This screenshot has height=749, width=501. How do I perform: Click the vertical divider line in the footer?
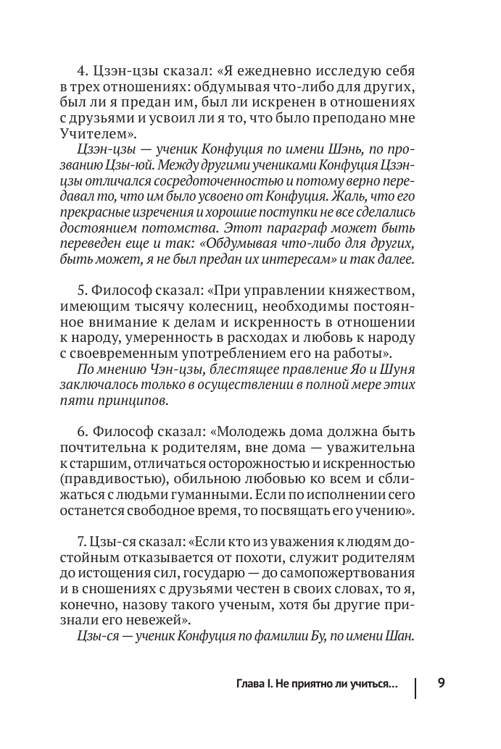[415, 687]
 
